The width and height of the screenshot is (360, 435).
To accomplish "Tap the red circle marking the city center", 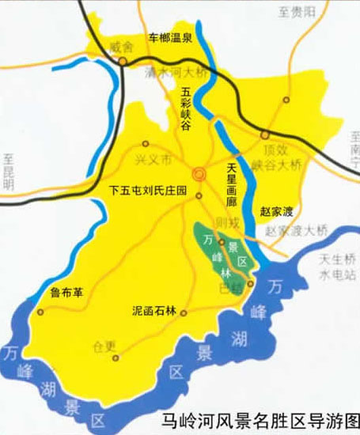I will pos(201,173).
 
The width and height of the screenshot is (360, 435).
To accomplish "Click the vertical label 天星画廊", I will pos(232,180).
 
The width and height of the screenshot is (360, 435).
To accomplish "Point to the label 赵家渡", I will pos(277,211).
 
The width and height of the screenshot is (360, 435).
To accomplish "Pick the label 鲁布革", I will pos(65,292).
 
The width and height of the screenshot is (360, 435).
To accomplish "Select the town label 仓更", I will pos(104,345).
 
